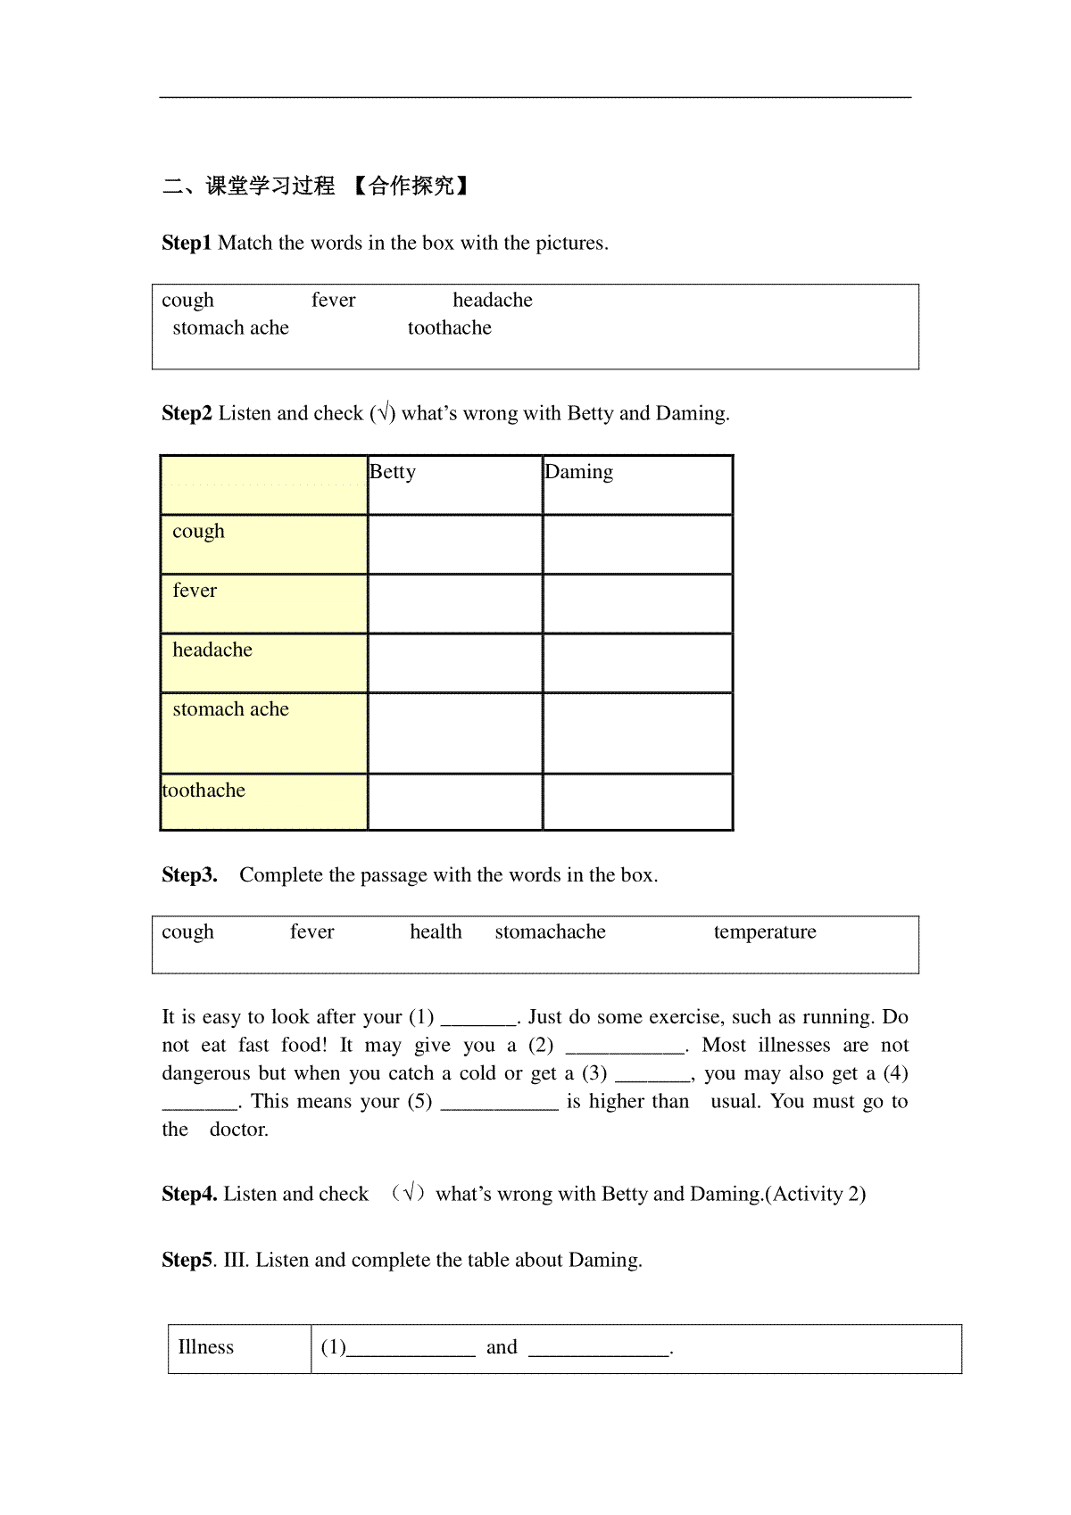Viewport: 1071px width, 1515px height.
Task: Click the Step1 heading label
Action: (x=187, y=243)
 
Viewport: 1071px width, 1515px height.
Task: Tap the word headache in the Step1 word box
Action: (x=492, y=300)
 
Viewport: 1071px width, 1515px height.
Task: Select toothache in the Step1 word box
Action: (x=449, y=327)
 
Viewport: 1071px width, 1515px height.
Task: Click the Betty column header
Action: (x=393, y=472)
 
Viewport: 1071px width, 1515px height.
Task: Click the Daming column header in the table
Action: (x=579, y=472)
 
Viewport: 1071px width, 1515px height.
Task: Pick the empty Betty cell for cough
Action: (x=455, y=544)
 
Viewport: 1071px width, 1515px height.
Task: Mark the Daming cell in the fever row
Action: (x=637, y=604)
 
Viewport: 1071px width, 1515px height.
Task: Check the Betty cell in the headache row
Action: (x=455, y=663)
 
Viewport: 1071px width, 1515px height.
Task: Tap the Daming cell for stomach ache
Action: (x=637, y=733)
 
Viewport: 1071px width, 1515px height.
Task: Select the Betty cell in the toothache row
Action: (x=455, y=801)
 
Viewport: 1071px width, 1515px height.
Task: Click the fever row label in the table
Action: (x=195, y=591)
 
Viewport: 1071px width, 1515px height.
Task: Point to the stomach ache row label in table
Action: (x=230, y=709)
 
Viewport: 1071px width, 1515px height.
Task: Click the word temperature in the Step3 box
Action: (x=765, y=931)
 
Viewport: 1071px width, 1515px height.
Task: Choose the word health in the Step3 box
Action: (x=436, y=931)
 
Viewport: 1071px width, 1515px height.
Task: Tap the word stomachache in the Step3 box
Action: (x=550, y=931)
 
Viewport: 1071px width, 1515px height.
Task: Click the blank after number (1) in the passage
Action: (x=479, y=1019)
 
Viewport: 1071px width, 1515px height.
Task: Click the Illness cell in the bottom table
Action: (x=206, y=1347)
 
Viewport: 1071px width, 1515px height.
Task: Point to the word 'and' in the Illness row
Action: (x=502, y=1347)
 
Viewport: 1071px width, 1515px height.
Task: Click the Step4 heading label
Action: (x=189, y=1194)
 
